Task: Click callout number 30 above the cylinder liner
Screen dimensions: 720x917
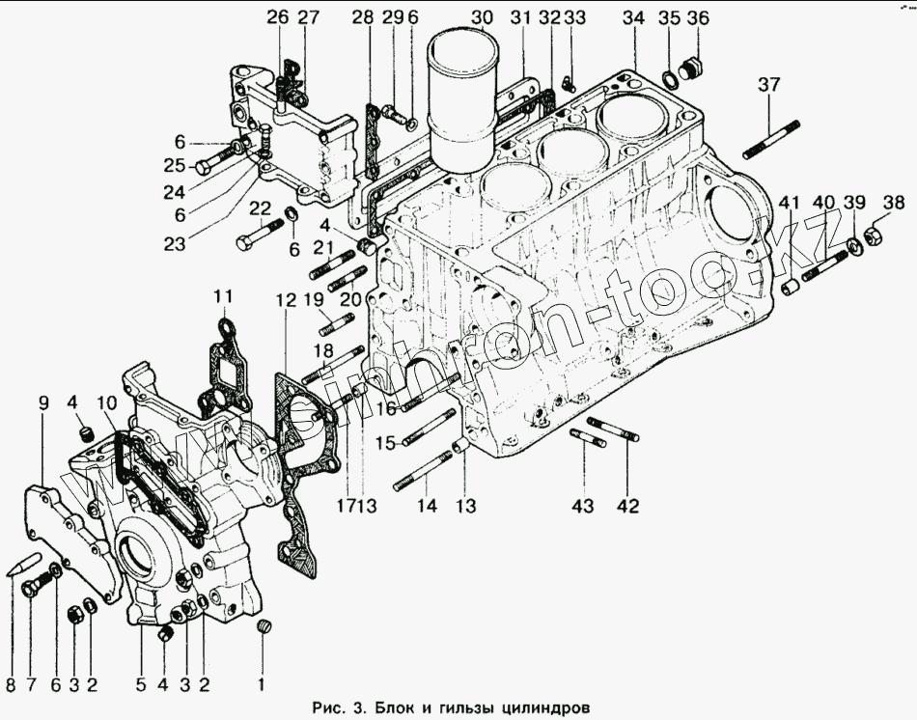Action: click(x=482, y=17)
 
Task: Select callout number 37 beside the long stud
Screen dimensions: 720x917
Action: click(x=768, y=85)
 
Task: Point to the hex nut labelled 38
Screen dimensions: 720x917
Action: click(x=869, y=235)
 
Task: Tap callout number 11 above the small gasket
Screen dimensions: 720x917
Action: click(x=223, y=294)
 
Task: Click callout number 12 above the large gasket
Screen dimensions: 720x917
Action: click(x=286, y=300)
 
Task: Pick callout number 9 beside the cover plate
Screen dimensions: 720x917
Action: click(x=43, y=402)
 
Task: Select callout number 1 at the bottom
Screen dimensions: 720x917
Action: click(x=260, y=685)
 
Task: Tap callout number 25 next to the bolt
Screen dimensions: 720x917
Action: click(x=173, y=164)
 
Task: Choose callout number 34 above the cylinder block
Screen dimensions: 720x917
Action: click(x=633, y=17)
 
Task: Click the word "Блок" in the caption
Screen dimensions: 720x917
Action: click(x=397, y=706)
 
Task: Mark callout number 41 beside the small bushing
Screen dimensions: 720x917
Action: click(x=790, y=202)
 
